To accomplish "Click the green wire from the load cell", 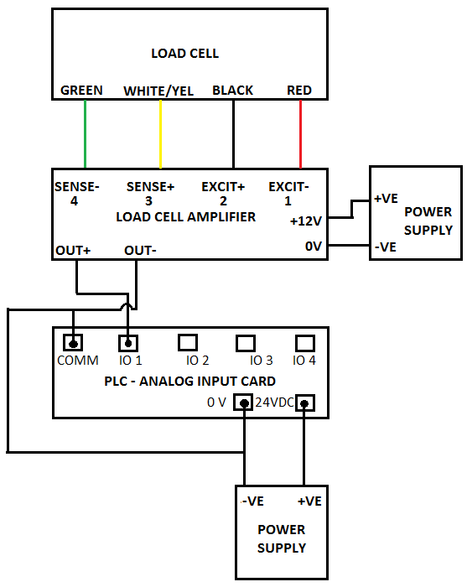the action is tap(86, 134).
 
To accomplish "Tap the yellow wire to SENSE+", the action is tap(160, 134).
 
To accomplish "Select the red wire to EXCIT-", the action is tap(300, 134).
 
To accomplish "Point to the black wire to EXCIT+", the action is tap(233, 134).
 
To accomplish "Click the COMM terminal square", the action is tap(73, 342).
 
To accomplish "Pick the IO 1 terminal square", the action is tap(128, 342).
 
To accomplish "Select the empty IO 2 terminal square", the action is tap(188, 342).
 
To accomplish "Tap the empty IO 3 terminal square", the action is tap(246, 342).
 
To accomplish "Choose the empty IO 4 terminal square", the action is tap(305, 342).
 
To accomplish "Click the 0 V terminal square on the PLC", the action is tap(243, 403).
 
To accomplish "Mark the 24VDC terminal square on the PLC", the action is tap(305, 403).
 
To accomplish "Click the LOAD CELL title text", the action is tap(184, 54).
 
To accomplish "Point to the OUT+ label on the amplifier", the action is tap(73, 250).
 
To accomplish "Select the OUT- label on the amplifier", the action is tap(140, 250).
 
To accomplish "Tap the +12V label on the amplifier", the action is tap(306, 221).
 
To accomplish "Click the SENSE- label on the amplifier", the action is tap(76, 186).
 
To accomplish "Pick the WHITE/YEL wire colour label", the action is tap(158, 91).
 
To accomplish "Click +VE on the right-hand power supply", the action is tap(386, 198).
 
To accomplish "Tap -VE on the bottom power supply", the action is tap(253, 501).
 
